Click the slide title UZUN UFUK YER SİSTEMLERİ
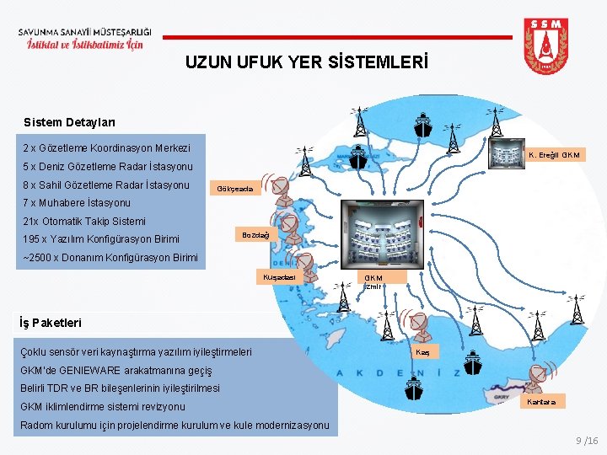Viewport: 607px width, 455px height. pos(307,62)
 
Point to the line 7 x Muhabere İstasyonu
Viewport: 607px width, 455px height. pos(77,203)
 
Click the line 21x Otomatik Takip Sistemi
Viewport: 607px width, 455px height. pos(84,222)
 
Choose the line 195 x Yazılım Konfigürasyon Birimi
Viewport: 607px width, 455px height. pos(101,239)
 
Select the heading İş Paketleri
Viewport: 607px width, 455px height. pos(51,322)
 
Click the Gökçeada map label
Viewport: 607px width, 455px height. pos(234,188)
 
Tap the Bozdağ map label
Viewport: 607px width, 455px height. pos(255,235)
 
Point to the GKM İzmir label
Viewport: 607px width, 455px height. pos(373,281)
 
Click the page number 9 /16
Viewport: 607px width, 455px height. pos(586,441)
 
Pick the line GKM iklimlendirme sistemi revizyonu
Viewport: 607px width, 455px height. pos(102,407)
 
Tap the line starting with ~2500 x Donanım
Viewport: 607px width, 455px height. pos(110,258)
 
